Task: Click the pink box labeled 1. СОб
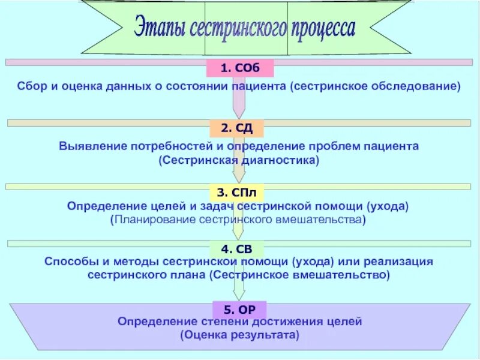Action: click(x=240, y=68)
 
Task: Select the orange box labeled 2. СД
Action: click(x=237, y=128)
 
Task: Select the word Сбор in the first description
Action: click(x=31, y=86)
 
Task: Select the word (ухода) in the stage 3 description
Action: click(x=389, y=206)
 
